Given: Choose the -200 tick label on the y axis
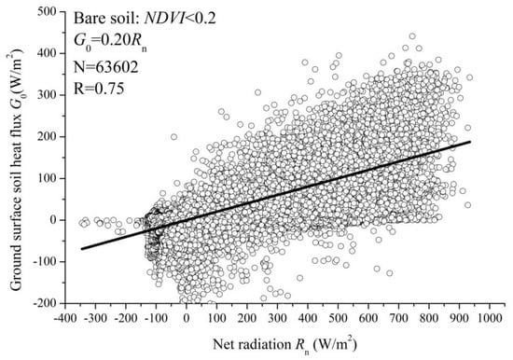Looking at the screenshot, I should point(45,304).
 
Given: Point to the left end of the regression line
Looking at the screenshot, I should point(81,249).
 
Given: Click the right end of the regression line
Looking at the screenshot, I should point(470,143).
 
